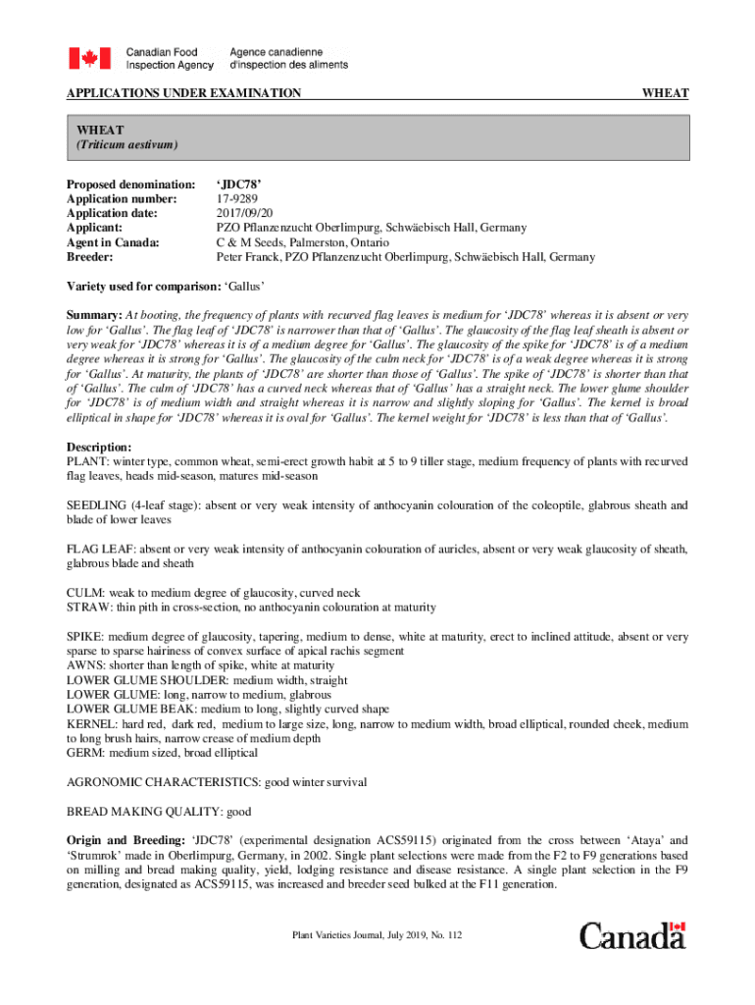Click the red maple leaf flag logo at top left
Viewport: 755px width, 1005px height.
point(89,58)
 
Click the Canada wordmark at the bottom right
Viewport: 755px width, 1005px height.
point(632,935)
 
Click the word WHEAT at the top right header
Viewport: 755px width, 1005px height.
point(665,93)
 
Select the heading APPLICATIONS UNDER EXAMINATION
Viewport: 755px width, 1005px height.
point(183,93)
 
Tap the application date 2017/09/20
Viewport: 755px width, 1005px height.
point(245,213)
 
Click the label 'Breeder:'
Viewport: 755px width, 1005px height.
point(89,257)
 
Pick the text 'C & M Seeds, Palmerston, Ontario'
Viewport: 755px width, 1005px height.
point(302,242)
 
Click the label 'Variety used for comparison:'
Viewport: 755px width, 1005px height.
point(143,287)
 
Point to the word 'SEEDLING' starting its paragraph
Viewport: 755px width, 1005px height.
point(96,505)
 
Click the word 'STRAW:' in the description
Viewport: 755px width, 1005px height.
point(88,608)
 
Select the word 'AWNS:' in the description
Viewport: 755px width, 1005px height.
point(85,665)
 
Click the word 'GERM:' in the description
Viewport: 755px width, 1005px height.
point(85,753)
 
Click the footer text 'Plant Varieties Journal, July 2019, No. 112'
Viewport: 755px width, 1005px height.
point(377,935)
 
